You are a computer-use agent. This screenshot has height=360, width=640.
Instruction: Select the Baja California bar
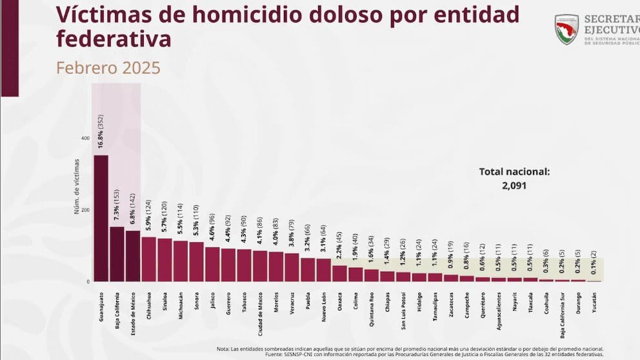click(x=117, y=254)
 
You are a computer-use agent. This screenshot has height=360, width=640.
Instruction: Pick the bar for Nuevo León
click(x=323, y=270)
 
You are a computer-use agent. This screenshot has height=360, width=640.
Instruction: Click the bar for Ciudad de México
click(x=260, y=266)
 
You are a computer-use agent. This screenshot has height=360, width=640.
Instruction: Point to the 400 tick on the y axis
click(x=86, y=138)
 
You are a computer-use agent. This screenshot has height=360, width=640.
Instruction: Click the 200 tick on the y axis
click(x=86, y=210)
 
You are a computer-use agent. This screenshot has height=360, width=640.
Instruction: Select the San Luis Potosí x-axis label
click(x=403, y=306)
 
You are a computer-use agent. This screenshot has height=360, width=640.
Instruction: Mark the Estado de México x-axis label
click(x=133, y=308)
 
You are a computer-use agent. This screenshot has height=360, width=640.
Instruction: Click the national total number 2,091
click(x=514, y=186)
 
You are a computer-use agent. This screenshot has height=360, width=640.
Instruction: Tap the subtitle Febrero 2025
click(x=108, y=68)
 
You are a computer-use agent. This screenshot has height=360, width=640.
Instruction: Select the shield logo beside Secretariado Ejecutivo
click(x=566, y=29)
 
